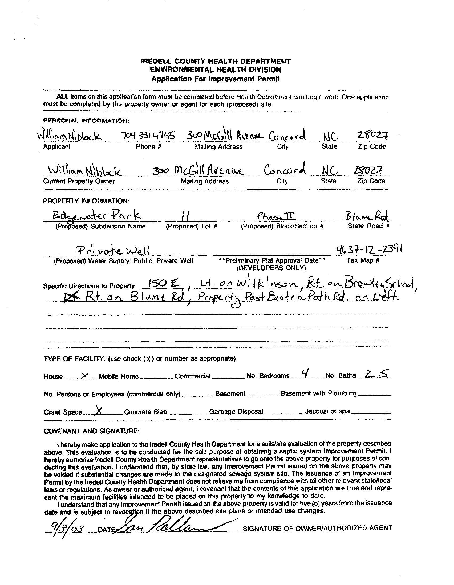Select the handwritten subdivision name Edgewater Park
97,216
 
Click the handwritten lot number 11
185,216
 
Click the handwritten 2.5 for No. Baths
374,373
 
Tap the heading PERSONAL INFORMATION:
86,121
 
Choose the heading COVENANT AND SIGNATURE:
92,431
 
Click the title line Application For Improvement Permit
216,79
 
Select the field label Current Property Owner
79,181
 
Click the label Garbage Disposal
236,411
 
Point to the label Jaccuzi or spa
327,411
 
